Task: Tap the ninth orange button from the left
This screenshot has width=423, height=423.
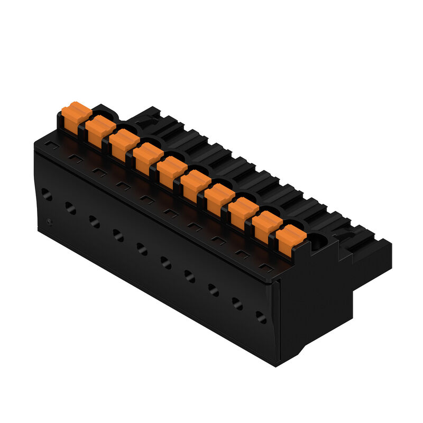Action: click(266, 224)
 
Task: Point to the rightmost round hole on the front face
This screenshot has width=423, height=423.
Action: click(261, 317)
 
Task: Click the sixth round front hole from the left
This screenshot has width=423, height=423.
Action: click(165, 262)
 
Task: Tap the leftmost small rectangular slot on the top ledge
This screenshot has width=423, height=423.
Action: click(51, 144)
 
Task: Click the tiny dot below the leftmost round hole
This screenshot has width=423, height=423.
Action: click(49, 220)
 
